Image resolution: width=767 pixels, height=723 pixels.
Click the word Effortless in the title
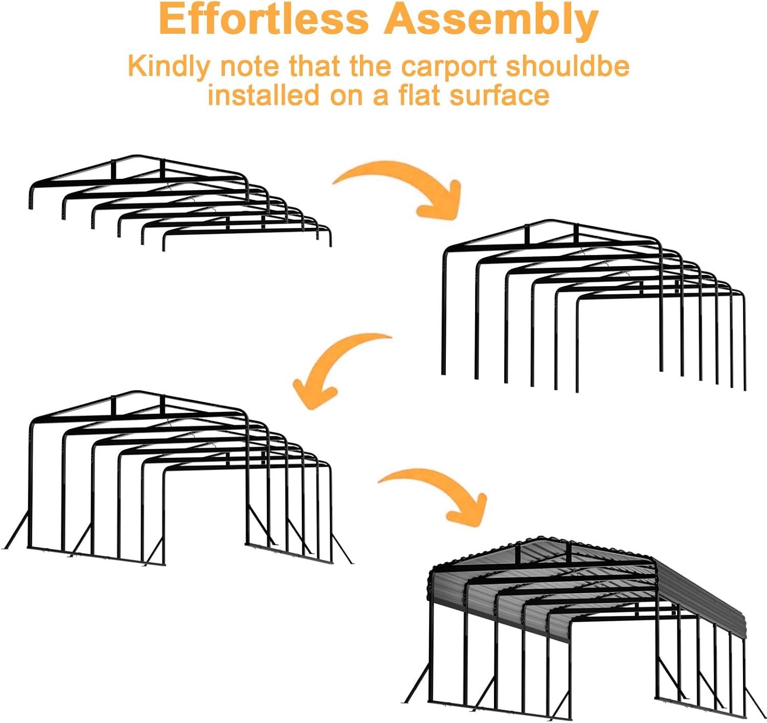(x=264, y=19)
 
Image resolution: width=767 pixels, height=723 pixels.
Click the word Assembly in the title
(x=491, y=21)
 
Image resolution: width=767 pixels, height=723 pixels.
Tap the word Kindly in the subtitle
(x=169, y=67)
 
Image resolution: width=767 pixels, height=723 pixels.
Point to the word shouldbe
(x=568, y=66)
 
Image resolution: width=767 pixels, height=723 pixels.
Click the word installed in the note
(x=263, y=95)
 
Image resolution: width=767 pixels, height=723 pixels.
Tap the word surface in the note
(x=499, y=95)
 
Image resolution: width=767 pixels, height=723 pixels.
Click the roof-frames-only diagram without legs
(x=181, y=203)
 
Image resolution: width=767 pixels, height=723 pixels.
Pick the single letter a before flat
(x=380, y=97)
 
